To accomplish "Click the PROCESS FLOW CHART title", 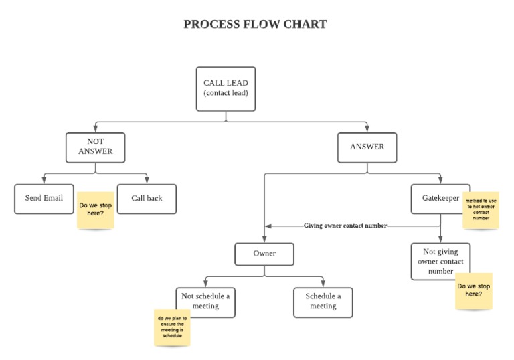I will pos(255,25).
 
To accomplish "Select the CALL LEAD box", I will pos(226,88).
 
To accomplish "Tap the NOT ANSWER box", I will pos(95,147).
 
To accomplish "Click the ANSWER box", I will pos(367,147).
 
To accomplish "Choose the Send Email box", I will pos(44,199).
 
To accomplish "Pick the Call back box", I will pos(147,199).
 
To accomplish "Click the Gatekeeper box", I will pos(440,199).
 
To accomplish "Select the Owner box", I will pos(264,254).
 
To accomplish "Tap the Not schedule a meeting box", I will pos(205,302).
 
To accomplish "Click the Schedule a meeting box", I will pos(323,302).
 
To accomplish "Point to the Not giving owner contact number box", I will pos(440,262).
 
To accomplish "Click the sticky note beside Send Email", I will pos(96,210).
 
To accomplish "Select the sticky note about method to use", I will pos(481,209).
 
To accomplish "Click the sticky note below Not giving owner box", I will pos(473,291).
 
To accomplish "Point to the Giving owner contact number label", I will pos(345,226).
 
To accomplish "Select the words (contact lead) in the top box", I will pos(226,93).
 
